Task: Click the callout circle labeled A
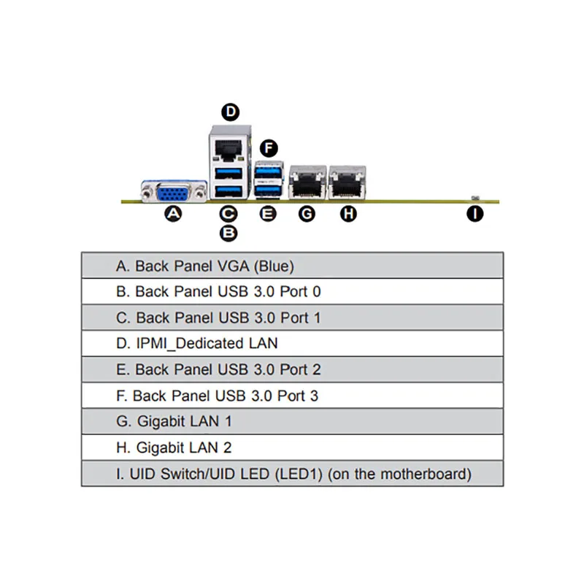(x=173, y=214)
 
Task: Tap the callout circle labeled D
(x=230, y=112)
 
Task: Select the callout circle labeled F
(x=269, y=148)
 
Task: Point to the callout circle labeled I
(x=475, y=214)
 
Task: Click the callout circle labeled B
(x=228, y=233)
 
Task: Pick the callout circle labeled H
(x=349, y=214)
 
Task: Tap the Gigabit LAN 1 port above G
(x=307, y=180)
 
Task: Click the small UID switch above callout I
(x=475, y=198)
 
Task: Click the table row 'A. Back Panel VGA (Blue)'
(x=292, y=266)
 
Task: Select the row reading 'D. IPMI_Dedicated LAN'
(x=292, y=343)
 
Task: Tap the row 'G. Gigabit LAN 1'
(x=292, y=421)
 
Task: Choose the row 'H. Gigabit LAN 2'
(x=292, y=447)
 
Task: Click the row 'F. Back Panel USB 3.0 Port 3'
(x=292, y=396)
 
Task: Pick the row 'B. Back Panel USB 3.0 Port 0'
(x=292, y=292)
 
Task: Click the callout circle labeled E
(x=269, y=214)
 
